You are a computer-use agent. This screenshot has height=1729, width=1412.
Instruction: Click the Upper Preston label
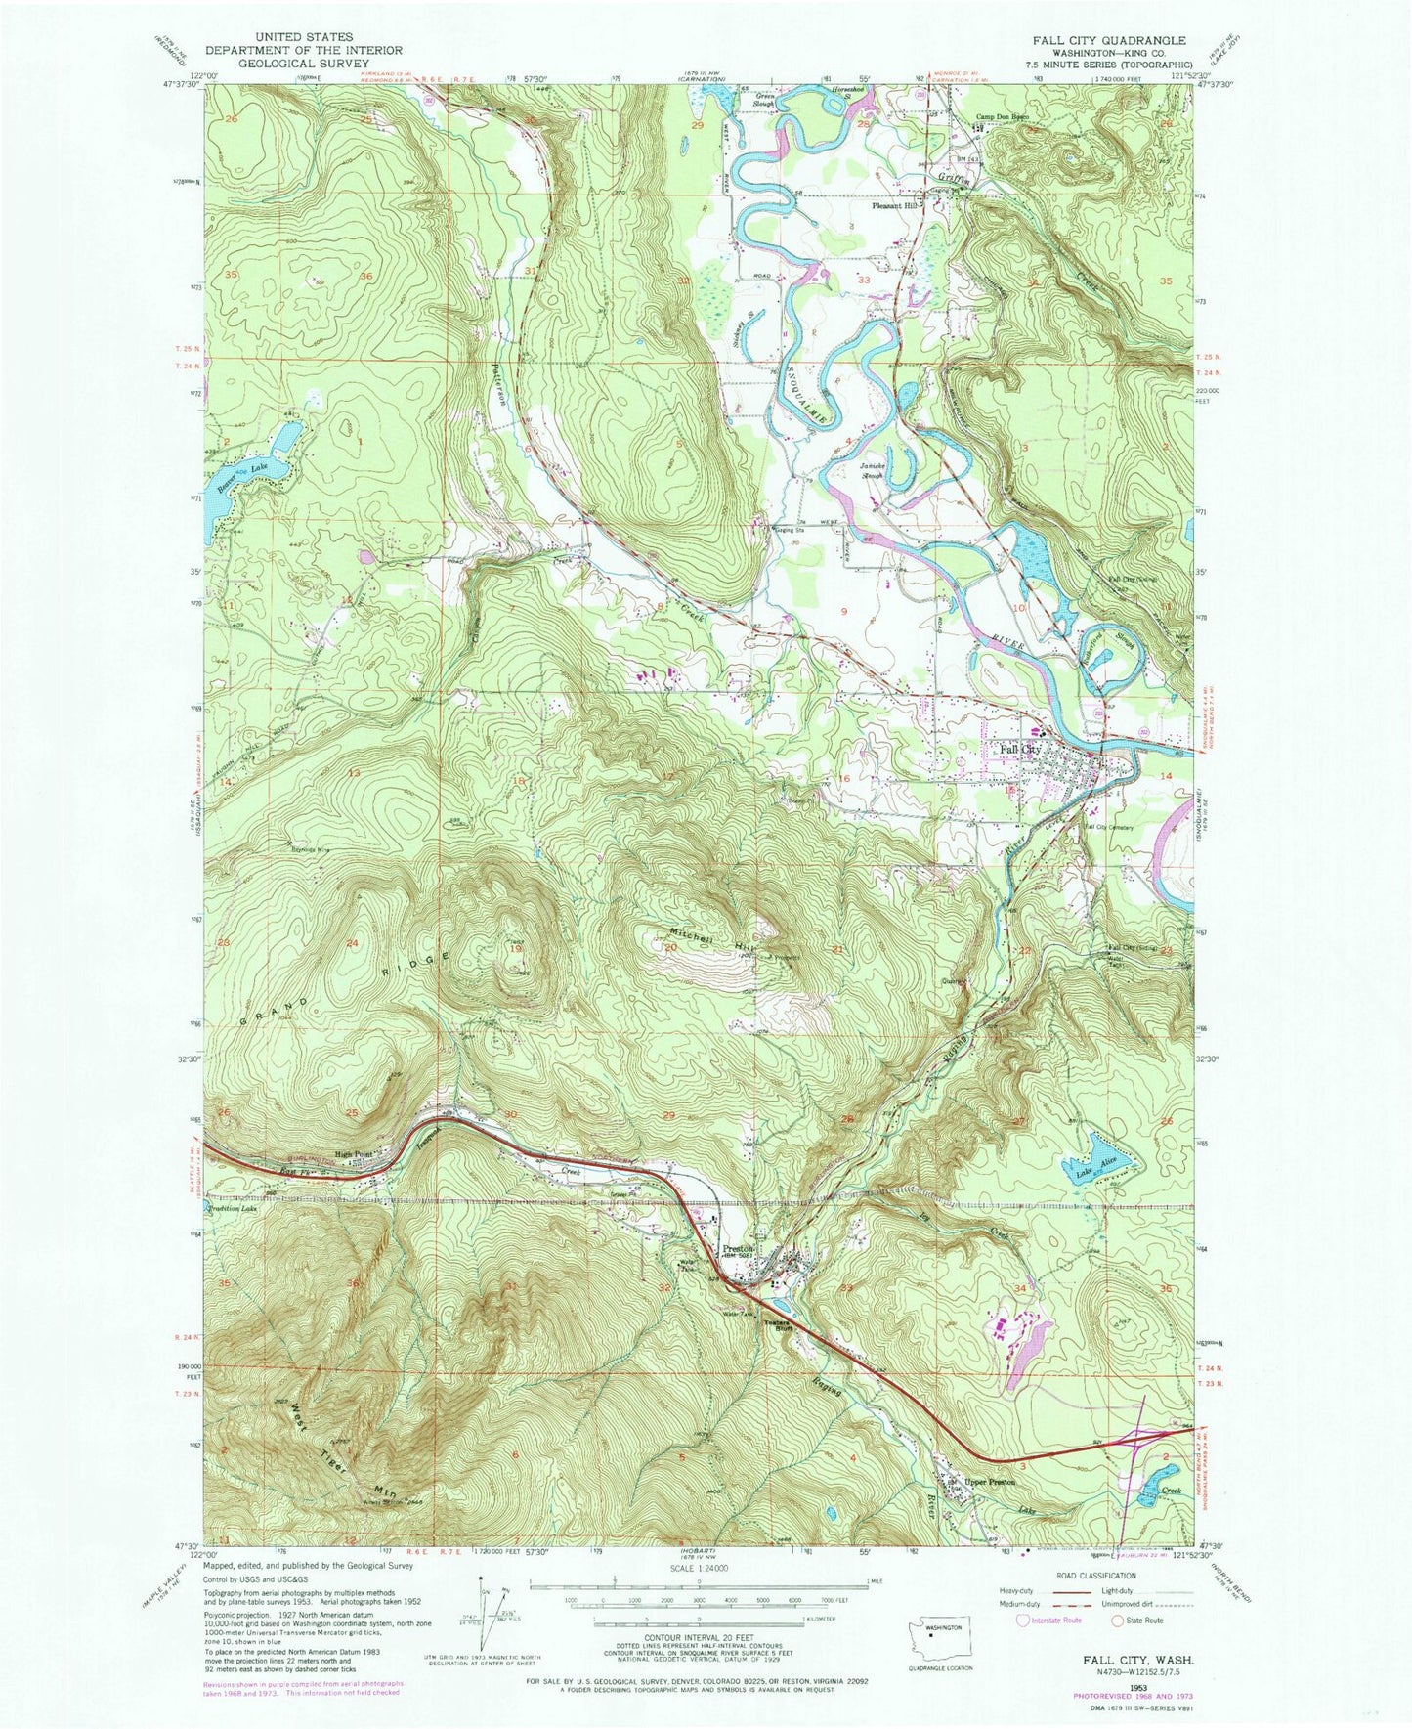[989, 1482]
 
